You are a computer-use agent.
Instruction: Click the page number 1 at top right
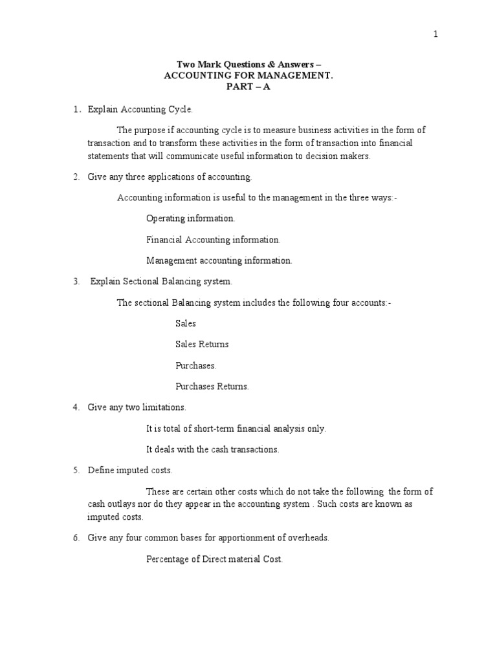click(x=436, y=35)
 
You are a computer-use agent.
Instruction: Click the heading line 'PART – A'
click(x=248, y=87)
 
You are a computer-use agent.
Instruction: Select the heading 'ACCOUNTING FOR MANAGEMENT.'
click(x=248, y=76)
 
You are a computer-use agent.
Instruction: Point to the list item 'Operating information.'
click(x=191, y=219)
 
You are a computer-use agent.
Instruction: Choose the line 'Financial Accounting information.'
click(x=214, y=240)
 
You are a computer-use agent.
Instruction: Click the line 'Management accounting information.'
click(x=219, y=261)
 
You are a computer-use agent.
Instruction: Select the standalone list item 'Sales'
click(x=186, y=323)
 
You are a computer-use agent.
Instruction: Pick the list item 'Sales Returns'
click(x=202, y=345)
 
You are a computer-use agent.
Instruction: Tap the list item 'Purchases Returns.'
click(x=212, y=387)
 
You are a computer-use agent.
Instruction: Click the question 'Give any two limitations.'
click(x=137, y=407)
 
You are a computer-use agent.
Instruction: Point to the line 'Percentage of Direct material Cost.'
click(x=215, y=559)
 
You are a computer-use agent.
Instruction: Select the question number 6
click(x=76, y=538)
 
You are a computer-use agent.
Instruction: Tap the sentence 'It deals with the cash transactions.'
click(x=213, y=449)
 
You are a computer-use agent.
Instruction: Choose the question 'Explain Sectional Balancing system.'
click(x=160, y=281)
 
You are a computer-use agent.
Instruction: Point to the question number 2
click(x=76, y=176)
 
